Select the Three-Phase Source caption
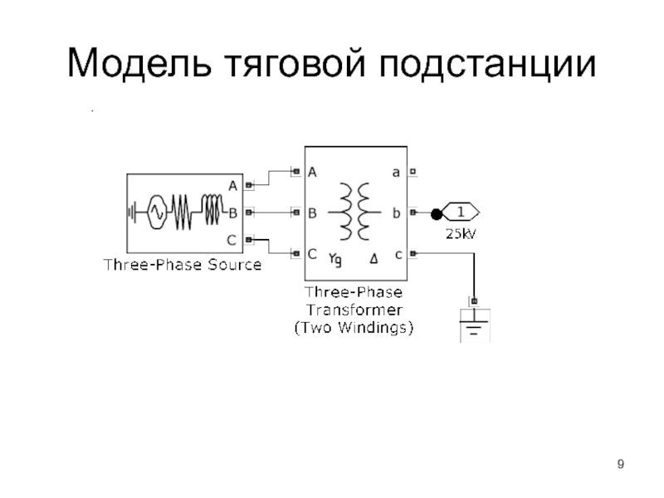click(x=182, y=265)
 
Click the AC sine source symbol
click(x=154, y=212)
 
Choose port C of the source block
click(x=232, y=240)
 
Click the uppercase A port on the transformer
click(x=313, y=173)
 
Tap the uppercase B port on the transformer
click(x=313, y=213)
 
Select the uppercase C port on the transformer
click(x=313, y=253)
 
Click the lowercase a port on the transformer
click(x=397, y=173)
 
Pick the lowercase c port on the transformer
click(x=398, y=253)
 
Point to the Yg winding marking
click(x=335, y=259)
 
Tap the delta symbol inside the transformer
click(x=373, y=259)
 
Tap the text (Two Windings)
click(x=354, y=327)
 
